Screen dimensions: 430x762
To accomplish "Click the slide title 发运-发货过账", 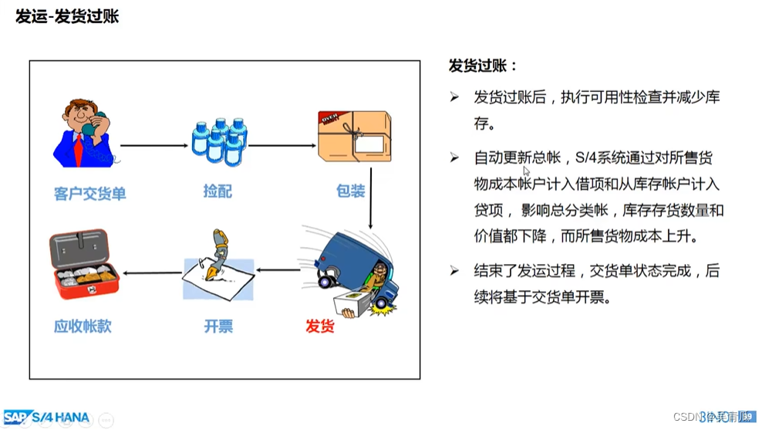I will click(x=67, y=16).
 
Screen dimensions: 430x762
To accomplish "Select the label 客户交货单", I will click(x=90, y=193).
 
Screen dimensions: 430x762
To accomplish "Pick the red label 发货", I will click(x=320, y=326).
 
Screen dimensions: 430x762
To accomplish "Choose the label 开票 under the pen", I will click(x=217, y=326).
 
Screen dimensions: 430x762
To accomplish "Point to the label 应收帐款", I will click(x=83, y=326).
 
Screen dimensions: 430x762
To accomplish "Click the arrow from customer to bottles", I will click(x=153, y=144).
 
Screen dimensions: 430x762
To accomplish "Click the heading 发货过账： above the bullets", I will click(x=484, y=66).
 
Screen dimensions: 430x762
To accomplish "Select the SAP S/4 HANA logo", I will click(x=47, y=418).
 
